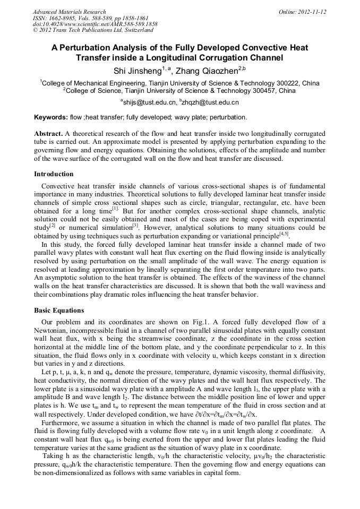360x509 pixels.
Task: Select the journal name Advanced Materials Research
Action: click(69, 12)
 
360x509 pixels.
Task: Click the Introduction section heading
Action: click(54, 174)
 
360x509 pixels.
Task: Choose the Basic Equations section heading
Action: click(59, 310)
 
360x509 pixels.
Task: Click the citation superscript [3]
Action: click(135, 225)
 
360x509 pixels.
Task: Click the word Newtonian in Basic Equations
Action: click(53, 331)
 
